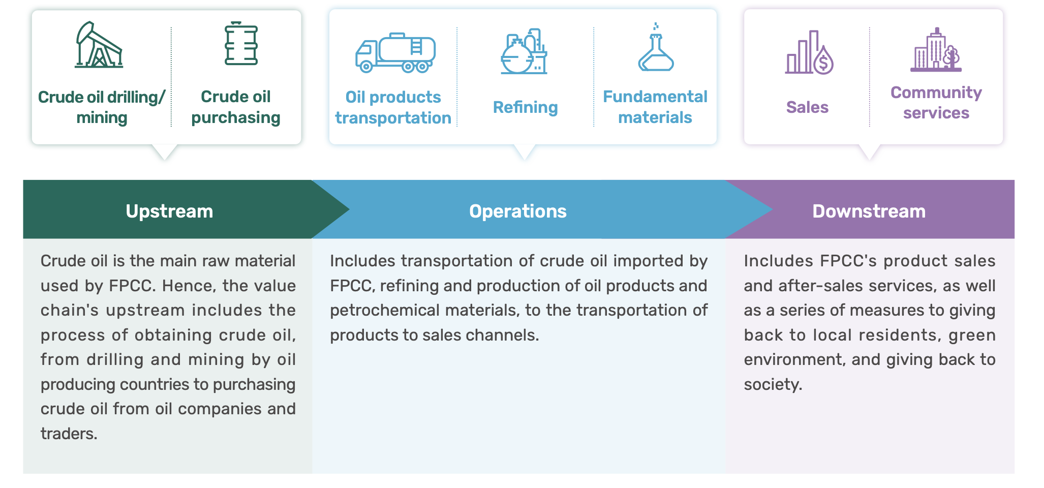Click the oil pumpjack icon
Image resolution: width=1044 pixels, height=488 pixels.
[99, 45]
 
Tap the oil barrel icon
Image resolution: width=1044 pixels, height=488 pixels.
[241, 43]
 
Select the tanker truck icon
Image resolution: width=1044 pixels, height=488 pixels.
[395, 53]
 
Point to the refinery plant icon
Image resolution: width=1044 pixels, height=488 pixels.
[524, 51]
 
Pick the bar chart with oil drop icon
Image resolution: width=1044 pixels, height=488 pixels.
[809, 52]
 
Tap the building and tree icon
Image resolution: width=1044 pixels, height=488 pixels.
[936, 49]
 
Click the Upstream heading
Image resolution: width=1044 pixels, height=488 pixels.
[169, 211]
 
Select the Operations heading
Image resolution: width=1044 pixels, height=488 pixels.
[517, 211]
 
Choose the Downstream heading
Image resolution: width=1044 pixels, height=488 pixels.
[869, 211]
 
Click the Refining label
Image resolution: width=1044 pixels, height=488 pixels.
[525, 107]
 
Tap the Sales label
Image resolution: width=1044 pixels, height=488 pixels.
[807, 107]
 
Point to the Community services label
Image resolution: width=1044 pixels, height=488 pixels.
[936, 103]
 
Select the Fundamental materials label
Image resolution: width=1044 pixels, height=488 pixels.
[655, 107]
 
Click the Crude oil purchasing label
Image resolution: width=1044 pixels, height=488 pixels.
[236, 107]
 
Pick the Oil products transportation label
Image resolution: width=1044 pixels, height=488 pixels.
[393, 107]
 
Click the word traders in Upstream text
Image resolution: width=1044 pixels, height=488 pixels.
[69, 434]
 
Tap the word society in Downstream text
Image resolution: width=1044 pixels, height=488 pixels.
[773, 384]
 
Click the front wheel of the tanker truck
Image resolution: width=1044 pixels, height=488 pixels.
[365, 67]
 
